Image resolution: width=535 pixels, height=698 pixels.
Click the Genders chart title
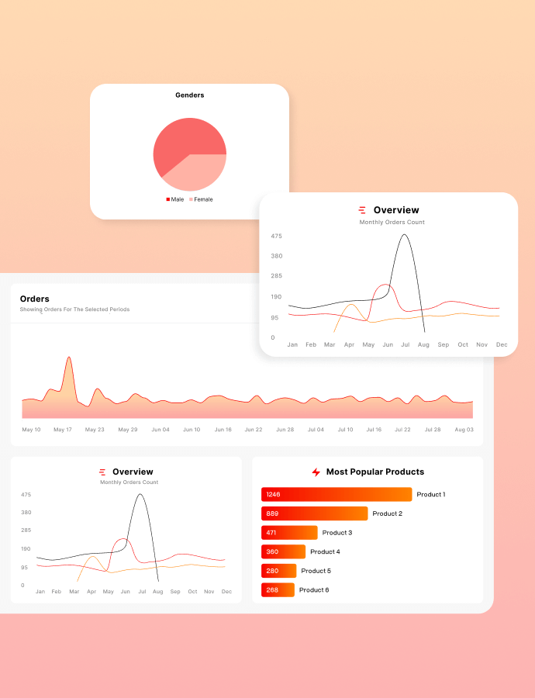[x=189, y=95]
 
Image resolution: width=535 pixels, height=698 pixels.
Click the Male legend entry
[x=175, y=199]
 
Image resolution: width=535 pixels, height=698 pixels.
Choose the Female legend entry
[x=201, y=199]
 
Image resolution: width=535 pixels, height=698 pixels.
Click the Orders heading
[x=35, y=299]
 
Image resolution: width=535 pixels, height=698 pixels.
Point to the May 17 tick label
[x=63, y=430]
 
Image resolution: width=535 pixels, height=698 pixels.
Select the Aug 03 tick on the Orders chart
[x=464, y=430]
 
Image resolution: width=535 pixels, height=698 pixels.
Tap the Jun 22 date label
[x=254, y=430]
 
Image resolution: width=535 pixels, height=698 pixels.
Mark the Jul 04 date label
[x=316, y=430]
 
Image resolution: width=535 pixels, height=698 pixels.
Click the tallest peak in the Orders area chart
[x=69, y=358]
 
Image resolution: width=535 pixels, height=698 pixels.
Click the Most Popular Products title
[x=375, y=472]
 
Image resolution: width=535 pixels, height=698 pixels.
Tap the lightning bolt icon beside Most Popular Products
[x=316, y=472]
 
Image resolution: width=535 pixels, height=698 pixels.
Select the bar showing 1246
[x=337, y=495]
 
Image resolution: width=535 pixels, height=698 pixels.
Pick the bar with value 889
[x=314, y=513]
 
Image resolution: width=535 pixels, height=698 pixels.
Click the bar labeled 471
[x=289, y=533]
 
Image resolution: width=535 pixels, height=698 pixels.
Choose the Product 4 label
[x=325, y=552]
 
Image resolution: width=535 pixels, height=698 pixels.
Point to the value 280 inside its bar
[x=272, y=571]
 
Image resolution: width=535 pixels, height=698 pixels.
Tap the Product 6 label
[x=314, y=590]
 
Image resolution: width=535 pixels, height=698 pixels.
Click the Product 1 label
[x=430, y=495]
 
